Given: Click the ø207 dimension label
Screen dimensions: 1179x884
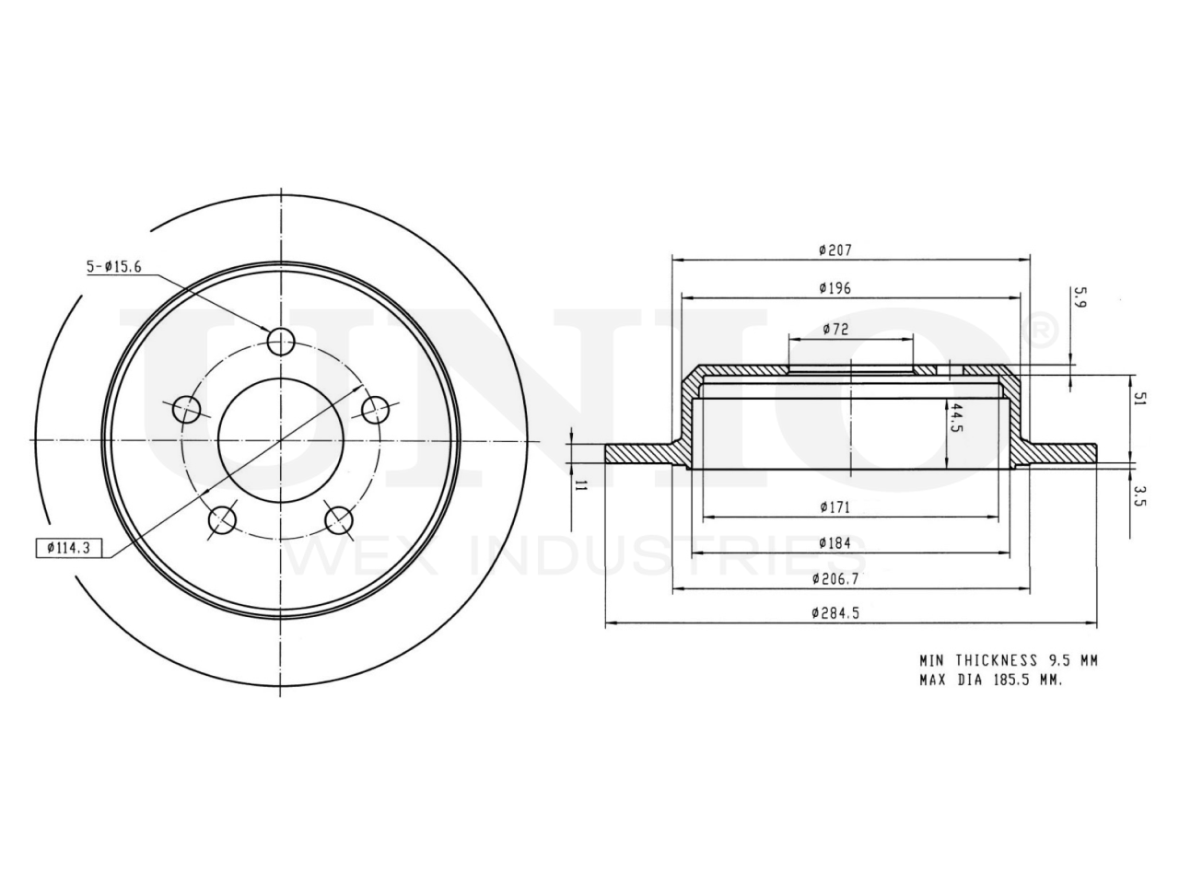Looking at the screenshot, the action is tap(835, 250).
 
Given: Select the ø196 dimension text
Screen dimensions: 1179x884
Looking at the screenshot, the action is tap(835, 289).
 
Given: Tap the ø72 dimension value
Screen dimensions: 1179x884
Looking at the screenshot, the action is tap(835, 329).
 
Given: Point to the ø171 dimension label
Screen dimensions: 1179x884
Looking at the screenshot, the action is tap(835, 507).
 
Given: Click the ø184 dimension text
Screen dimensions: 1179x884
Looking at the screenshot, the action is tap(835, 543).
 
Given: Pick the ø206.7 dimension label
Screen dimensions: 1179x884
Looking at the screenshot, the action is tap(835, 578).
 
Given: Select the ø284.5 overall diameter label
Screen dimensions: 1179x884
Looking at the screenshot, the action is tap(835, 613).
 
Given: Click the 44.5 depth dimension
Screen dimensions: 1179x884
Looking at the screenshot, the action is tap(956, 418).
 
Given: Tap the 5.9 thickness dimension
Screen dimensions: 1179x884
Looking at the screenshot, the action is tap(1080, 297).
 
